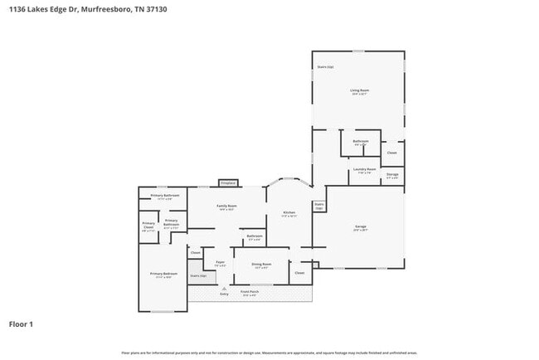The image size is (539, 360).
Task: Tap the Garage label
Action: pyautogui.click(x=361, y=226)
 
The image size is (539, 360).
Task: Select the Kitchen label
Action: pyautogui.click(x=289, y=212)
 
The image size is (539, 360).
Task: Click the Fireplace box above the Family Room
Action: pyautogui.click(x=228, y=182)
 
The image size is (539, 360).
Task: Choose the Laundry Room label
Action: pyautogui.click(x=365, y=169)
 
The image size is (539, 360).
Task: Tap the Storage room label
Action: pyautogui.click(x=392, y=174)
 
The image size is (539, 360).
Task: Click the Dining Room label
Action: pyautogui.click(x=262, y=265)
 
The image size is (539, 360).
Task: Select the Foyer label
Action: pyautogui.click(x=220, y=263)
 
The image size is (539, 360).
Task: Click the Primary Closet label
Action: pyautogui.click(x=148, y=225)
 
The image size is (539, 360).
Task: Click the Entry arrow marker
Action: pyautogui.click(x=224, y=287)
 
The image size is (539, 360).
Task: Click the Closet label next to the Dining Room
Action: pyautogui.click(x=299, y=272)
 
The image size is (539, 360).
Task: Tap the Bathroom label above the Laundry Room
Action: pyautogui.click(x=361, y=141)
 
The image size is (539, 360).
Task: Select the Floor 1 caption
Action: pyautogui.click(x=21, y=324)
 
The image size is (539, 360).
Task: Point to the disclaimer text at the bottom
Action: pyautogui.click(x=269, y=353)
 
